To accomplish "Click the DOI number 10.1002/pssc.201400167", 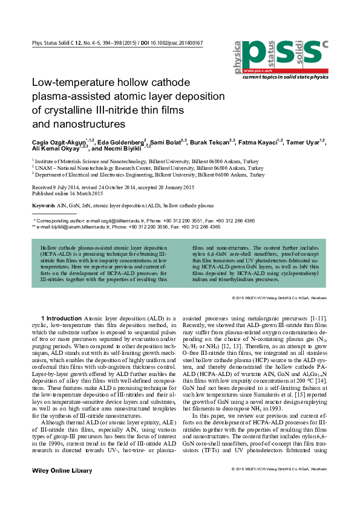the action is (x=175, y=44).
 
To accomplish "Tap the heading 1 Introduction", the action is (x=57, y=317).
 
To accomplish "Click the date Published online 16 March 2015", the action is (x=67, y=193).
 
